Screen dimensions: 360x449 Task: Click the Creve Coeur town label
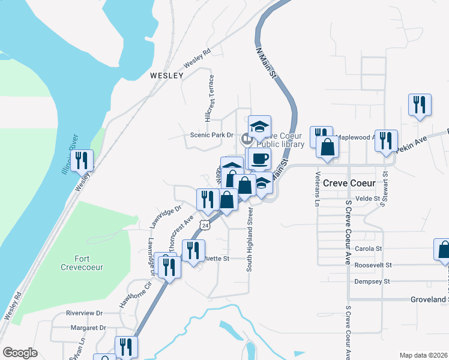(349, 183)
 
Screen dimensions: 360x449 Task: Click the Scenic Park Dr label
(211, 135)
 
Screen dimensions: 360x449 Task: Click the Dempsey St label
(370, 281)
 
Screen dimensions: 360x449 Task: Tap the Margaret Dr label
(88, 328)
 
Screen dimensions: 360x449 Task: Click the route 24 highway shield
(206, 226)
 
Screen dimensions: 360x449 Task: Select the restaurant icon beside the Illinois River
(82, 161)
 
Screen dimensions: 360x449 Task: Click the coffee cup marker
(259, 159)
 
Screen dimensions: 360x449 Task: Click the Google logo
(20, 353)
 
